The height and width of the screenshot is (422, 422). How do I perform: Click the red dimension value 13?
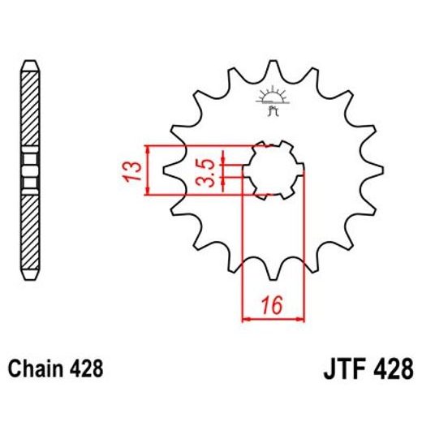tap(136, 170)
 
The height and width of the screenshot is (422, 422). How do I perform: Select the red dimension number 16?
tap(272, 306)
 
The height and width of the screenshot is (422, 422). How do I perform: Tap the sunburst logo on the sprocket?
tap(273, 97)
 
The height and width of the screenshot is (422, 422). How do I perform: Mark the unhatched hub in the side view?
tap(28, 170)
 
